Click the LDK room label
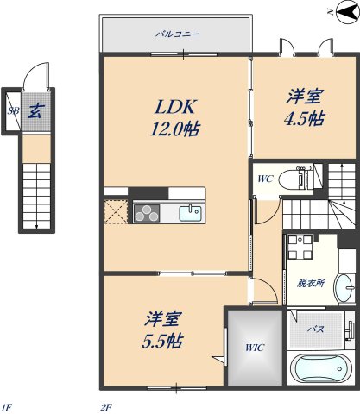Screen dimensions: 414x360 [x=177, y=107]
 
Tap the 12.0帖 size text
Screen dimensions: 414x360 [x=177, y=130]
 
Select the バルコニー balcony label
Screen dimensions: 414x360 [x=177, y=35]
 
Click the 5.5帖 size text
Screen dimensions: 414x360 [x=162, y=340]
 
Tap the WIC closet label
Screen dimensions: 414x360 [x=254, y=348]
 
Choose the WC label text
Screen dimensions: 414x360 [x=266, y=179]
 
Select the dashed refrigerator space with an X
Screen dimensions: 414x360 [x=115, y=211]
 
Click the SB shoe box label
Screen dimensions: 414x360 [x=13, y=110]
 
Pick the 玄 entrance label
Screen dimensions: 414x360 [x=36, y=110]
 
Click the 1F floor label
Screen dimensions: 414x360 [x=8, y=406]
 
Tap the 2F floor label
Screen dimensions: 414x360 [x=107, y=406]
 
